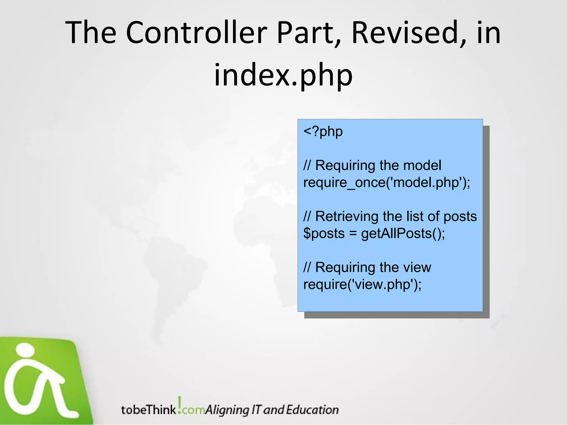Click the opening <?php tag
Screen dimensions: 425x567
pos(323,131)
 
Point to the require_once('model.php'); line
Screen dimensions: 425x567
pos(386,183)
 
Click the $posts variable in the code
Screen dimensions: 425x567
pos(324,234)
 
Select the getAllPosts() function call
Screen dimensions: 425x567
pos(403,234)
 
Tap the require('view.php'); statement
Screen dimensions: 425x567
pos(362,284)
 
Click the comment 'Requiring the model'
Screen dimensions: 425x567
pos(372,165)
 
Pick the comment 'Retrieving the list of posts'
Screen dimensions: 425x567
pos(390,216)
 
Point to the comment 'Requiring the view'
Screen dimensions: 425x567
pos(367,268)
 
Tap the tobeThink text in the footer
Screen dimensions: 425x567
pos(149,410)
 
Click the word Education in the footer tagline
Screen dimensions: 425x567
pos(312,410)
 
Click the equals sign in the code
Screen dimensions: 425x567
pos(353,234)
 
